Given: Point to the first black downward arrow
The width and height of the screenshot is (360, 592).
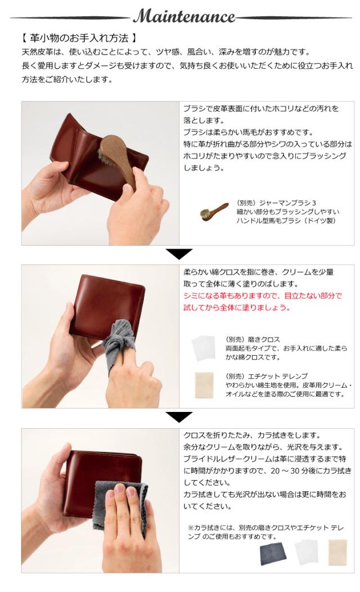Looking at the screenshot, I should (x=179, y=254).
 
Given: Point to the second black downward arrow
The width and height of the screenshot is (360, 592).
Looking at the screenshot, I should (x=179, y=417).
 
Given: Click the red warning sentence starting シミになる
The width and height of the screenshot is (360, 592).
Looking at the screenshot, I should (x=262, y=301).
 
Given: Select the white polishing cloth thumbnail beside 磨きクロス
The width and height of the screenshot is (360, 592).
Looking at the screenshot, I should (x=203, y=349).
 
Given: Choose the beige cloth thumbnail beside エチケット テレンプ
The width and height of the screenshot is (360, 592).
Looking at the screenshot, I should (x=203, y=384).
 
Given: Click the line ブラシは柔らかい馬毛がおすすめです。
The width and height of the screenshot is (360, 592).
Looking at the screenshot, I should (x=247, y=132).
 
